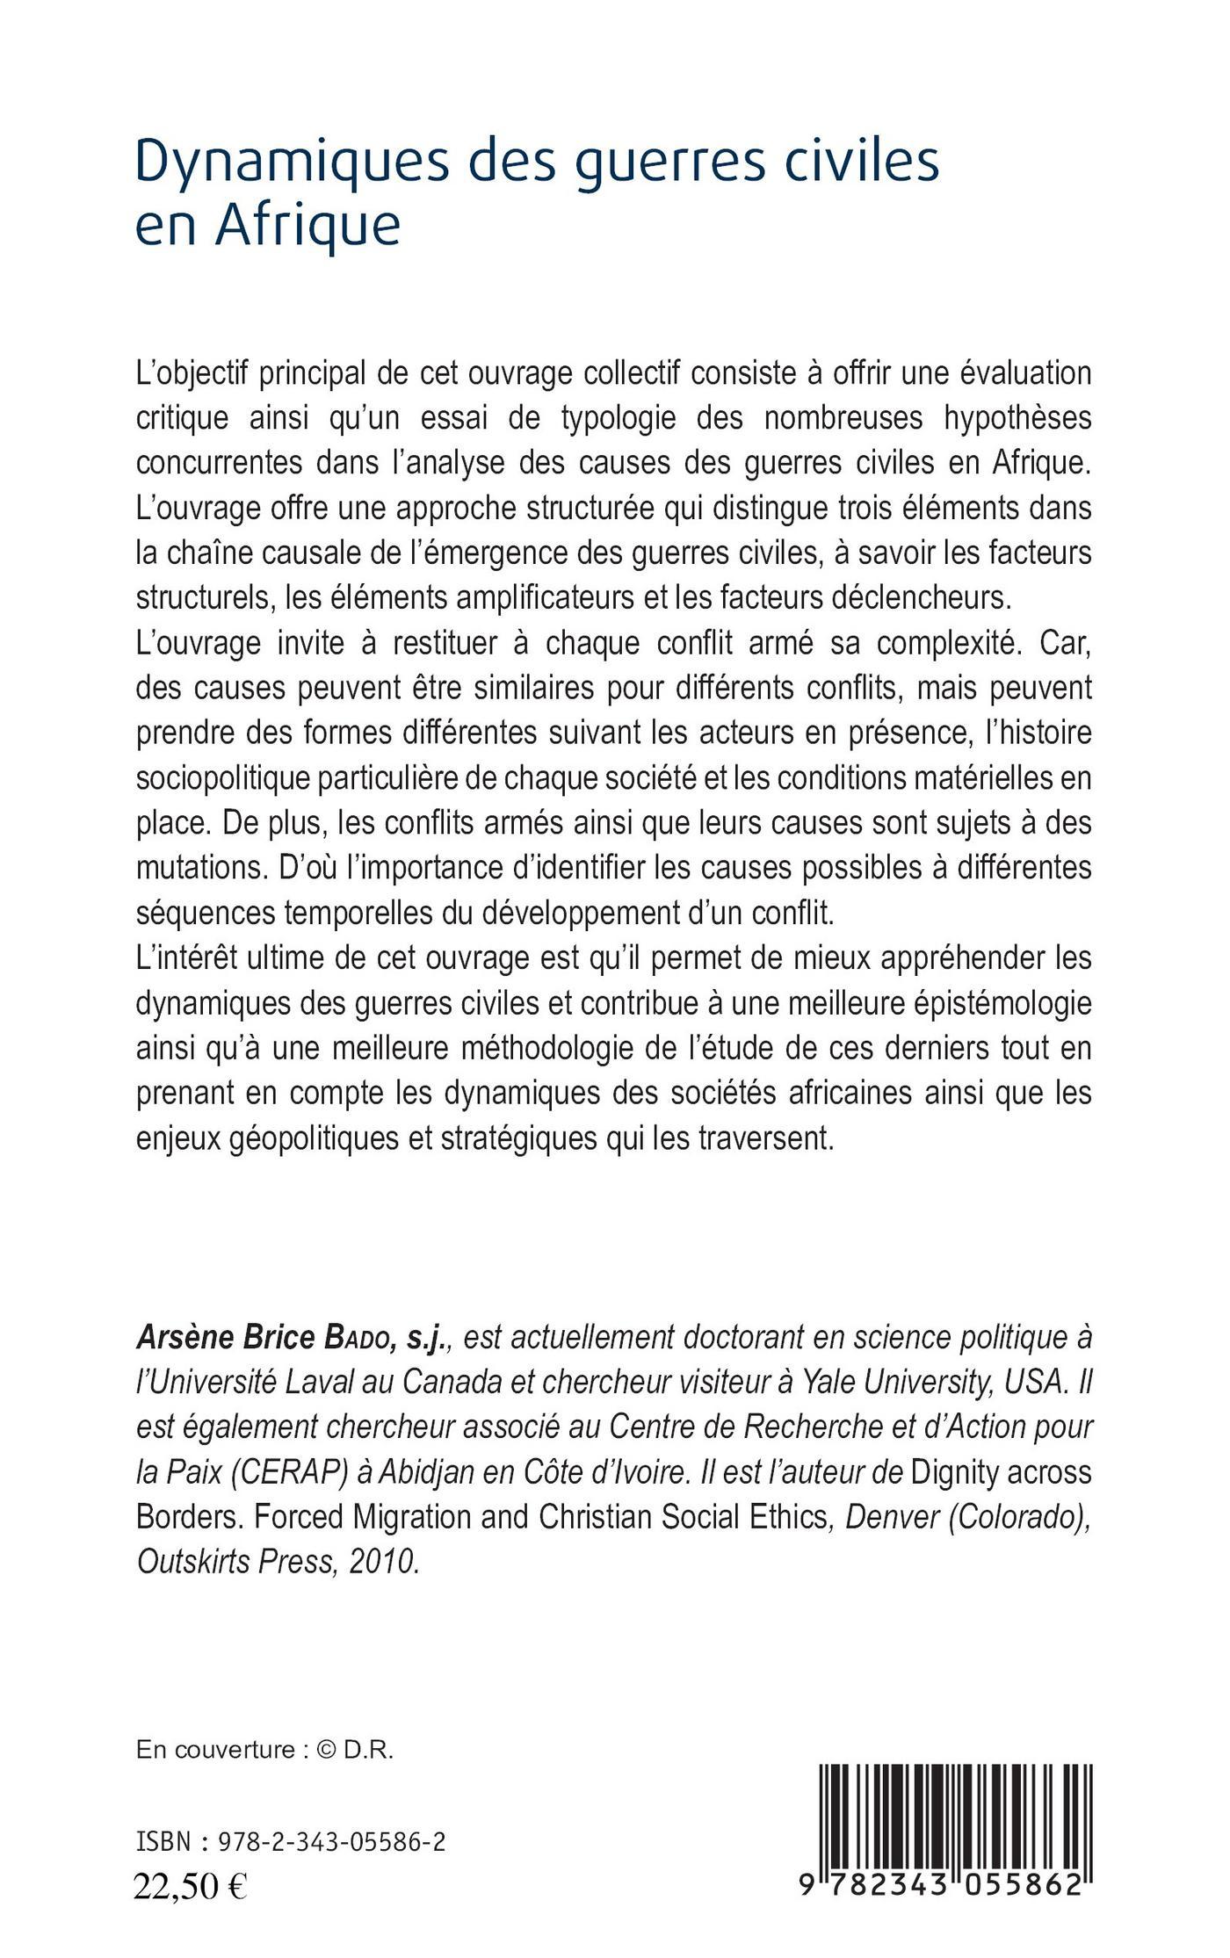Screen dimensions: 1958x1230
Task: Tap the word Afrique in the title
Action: click(307, 227)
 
